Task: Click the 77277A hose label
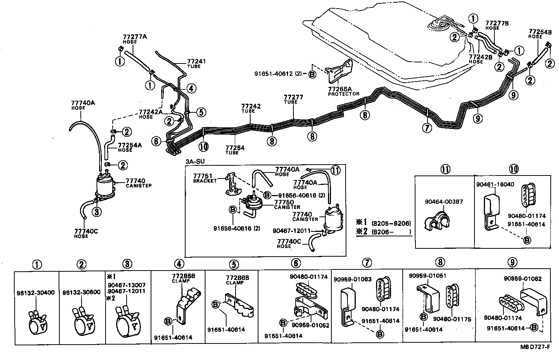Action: point(134,39)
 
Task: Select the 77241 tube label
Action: point(196,63)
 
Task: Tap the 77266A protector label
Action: point(343,91)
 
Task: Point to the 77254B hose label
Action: point(540,34)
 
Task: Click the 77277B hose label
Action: point(497,25)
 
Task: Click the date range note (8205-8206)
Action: point(391,223)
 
